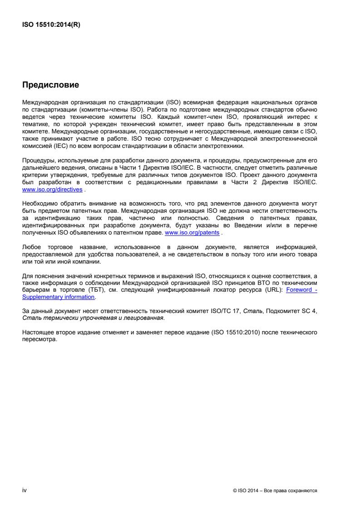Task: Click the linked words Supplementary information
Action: click(x=59, y=297)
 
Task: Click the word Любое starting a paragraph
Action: click(x=31, y=248)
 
